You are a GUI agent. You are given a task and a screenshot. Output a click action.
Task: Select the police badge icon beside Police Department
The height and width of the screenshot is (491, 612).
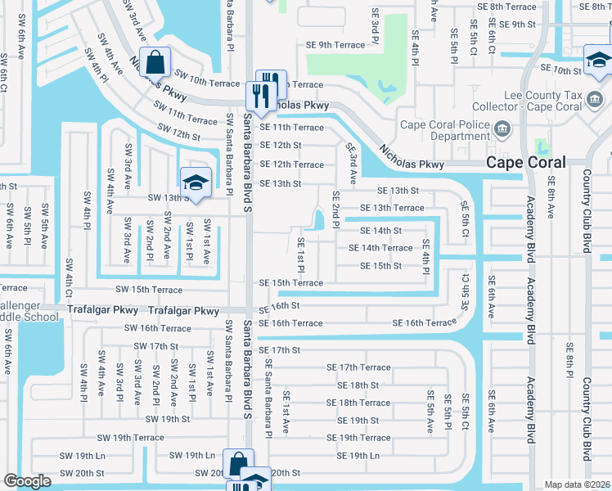coord(502,128)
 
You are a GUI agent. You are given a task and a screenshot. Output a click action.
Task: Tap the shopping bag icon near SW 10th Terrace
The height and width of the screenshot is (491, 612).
coord(154,61)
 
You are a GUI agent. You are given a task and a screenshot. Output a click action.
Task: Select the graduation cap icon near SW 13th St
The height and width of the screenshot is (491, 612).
coord(195,182)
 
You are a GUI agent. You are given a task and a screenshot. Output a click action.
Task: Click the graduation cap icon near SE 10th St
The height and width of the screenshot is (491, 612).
coord(598,60)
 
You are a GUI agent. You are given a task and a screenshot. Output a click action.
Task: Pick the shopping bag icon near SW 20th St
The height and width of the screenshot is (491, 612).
coord(236,464)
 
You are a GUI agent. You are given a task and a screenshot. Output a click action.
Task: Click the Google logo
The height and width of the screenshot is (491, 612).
coord(27,481)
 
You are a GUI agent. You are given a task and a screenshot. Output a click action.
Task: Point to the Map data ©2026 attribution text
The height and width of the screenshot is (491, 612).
coord(577,484)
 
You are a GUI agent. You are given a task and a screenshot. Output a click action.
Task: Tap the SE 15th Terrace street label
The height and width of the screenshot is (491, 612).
coord(291,283)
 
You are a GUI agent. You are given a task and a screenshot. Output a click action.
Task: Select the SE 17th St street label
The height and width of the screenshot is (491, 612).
coord(280,350)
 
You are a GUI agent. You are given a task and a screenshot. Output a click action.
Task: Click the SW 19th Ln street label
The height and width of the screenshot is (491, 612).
coord(191,455)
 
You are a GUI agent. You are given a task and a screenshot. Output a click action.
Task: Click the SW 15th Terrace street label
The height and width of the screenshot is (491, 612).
coord(149,290)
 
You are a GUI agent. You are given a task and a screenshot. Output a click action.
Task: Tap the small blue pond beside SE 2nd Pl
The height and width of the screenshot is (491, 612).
coord(317,219)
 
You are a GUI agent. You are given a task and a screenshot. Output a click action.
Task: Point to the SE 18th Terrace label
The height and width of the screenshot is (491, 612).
coord(358,403)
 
